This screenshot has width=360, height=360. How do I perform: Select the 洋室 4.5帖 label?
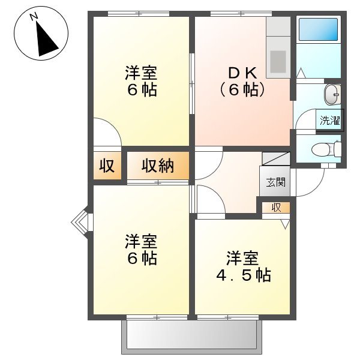point(243,267)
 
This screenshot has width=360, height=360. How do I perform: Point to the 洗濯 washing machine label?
point(329,120)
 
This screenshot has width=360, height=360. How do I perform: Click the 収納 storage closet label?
point(158,166)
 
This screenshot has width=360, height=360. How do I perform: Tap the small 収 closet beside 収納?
point(107,166)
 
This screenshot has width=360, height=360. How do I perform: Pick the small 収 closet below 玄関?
point(276,208)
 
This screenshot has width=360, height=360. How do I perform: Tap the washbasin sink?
point(332,94)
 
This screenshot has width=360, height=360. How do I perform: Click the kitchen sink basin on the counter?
point(278,60)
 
